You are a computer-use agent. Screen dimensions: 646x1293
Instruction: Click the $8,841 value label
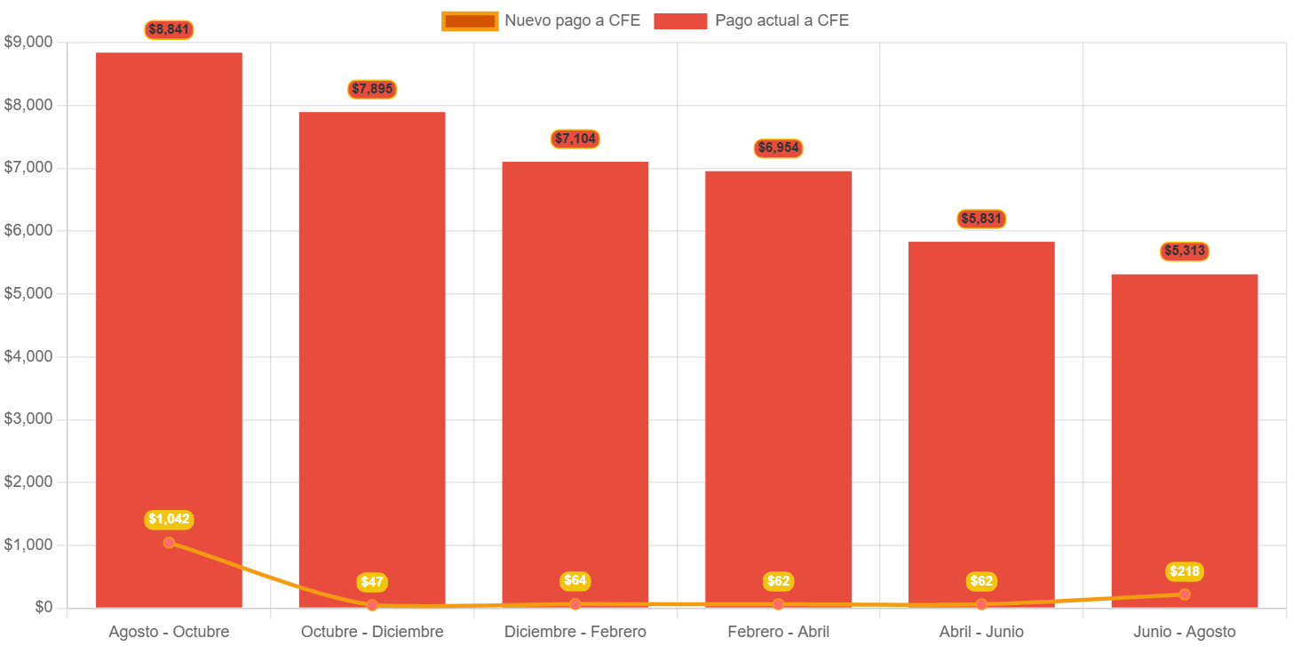click(169, 29)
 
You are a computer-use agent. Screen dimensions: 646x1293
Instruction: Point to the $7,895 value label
click(372, 89)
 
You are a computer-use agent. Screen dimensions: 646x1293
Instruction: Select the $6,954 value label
click(779, 148)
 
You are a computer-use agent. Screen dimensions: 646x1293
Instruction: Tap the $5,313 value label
click(1185, 251)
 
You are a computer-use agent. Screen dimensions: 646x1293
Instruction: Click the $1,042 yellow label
click(169, 519)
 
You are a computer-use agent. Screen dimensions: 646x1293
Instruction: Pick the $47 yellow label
click(372, 582)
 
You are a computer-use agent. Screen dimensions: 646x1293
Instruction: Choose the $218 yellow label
click(1185, 571)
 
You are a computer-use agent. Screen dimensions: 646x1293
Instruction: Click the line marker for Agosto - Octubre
click(169, 543)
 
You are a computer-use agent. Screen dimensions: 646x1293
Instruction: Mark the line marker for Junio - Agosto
click(1185, 594)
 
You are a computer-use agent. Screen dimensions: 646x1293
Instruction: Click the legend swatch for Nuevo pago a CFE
click(470, 20)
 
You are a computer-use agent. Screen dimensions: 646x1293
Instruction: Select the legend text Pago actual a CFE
click(781, 20)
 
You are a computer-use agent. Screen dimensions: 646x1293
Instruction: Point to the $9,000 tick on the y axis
click(28, 42)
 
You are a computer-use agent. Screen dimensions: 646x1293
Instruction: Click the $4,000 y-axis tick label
click(28, 356)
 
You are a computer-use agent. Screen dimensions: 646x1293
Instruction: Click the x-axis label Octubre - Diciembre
click(372, 632)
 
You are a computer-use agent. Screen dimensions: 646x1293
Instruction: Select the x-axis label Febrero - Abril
click(779, 632)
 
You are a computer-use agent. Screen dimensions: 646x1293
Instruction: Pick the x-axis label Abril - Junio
click(981, 632)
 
